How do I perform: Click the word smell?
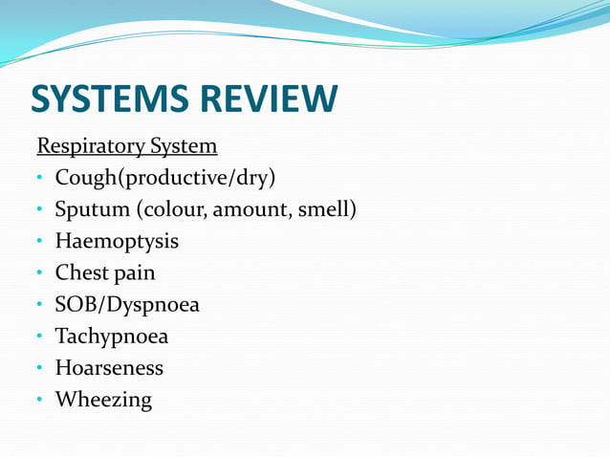pyautogui.click(x=326, y=209)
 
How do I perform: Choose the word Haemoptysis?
pyautogui.click(x=117, y=242)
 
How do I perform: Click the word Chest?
pyautogui.click(x=81, y=273)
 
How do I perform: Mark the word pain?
pyautogui.click(x=135, y=273)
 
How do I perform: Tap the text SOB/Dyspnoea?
pyautogui.click(x=127, y=306)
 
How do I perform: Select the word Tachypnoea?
pyautogui.click(x=111, y=337)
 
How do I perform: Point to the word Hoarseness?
pyautogui.click(x=109, y=368)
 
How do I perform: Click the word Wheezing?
pyautogui.click(x=103, y=401)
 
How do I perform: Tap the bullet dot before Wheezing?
pyautogui.click(x=40, y=401)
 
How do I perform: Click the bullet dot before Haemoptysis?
pyautogui.click(x=40, y=242)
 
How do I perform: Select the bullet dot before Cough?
pyautogui.click(x=40, y=179)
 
